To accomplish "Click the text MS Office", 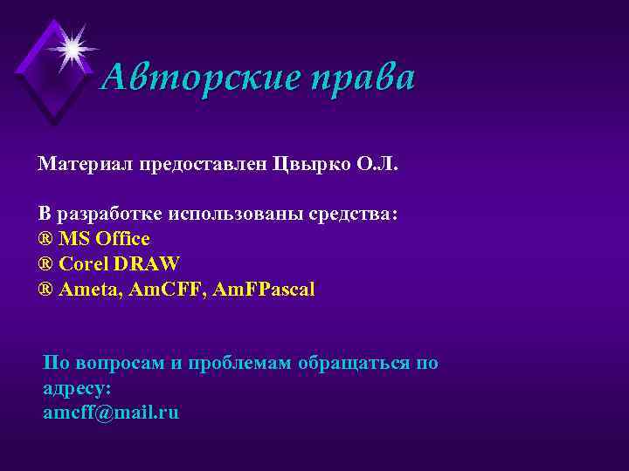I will pyautogui.click(x=104, y=239).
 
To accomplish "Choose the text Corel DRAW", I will pyautogui.click(x=118, y=264).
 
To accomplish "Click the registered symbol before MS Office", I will pyautogui.click(x=45, y=239).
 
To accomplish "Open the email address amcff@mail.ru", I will pyautogui.click(x=111, y=413).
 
